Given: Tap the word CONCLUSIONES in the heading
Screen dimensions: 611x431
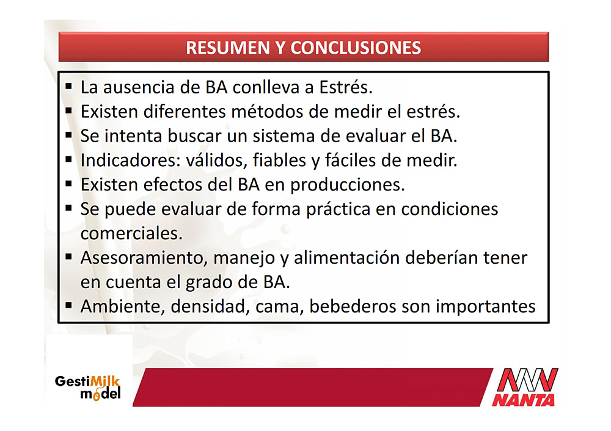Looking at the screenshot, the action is click(356, 48).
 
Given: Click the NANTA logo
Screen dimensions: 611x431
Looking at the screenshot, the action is click(525, 387).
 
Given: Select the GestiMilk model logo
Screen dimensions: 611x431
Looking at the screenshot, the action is click(87, 388).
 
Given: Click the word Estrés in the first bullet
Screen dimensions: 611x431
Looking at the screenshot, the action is click(346, 87).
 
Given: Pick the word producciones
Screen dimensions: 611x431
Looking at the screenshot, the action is click(348, 185).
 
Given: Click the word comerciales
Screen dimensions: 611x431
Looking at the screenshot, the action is click(131, 234).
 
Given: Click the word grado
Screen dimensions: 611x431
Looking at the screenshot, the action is click(209, 283).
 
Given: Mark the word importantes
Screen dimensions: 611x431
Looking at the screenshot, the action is click(486, 307).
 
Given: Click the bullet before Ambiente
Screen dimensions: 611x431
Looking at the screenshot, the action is click(69, 305).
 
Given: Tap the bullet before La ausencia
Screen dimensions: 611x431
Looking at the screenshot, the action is click(69, 86).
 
